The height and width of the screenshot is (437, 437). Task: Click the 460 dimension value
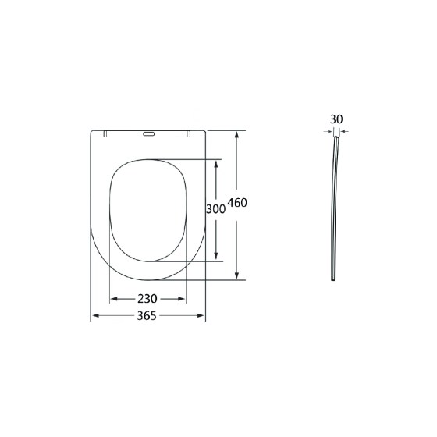coord(237,203)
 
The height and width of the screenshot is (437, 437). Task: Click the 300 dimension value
coord(215,209)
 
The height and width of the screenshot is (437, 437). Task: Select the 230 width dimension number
coord(147,299)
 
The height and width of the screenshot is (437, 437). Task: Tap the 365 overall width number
coord(147,316)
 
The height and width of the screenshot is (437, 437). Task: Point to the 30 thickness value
coord(336,119)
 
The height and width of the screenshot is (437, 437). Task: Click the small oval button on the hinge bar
coord(148,134)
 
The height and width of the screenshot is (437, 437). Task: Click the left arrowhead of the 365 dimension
coord(95,315)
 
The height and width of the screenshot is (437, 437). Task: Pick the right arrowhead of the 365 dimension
coord(201,315)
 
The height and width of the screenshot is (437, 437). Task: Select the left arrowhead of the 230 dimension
coord(114,299)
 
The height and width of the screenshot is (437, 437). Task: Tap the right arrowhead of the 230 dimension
coord(181,299)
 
